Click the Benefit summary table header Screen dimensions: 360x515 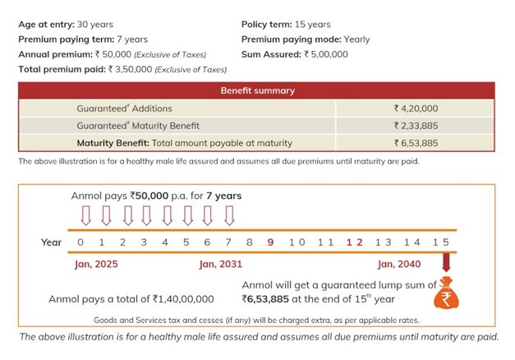click(x=257, y=90)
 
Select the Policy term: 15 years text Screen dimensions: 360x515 click(x=285, y=25)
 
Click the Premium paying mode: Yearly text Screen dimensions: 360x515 click(x=306, y=39)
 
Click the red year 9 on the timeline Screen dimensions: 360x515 click(x=270, y=242)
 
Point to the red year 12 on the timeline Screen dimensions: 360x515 click(x=355, y=242)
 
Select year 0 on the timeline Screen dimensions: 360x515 click(x=80, y=242)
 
